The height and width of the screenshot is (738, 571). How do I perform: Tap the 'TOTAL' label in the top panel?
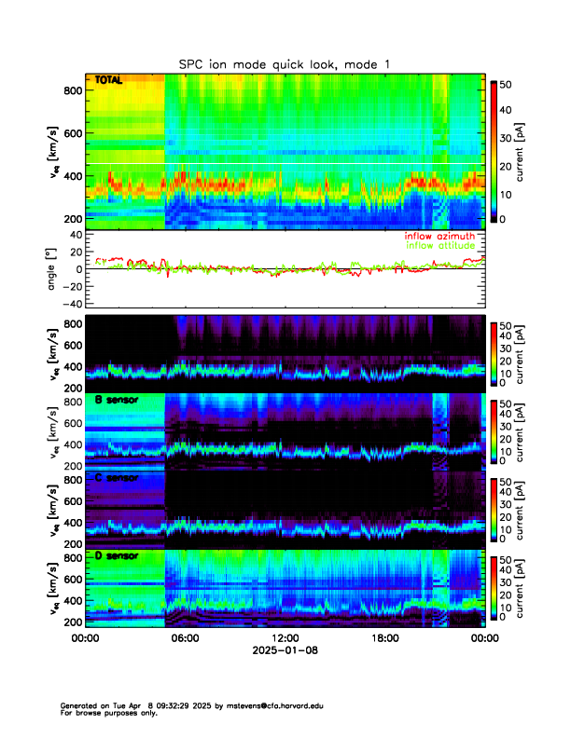(110, 82)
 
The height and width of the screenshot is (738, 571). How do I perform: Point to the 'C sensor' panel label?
(117, 479)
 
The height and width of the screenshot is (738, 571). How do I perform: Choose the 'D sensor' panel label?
(117, 556)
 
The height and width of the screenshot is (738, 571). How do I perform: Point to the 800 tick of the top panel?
(70, 89)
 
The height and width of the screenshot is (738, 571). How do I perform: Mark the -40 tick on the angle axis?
(69, 304)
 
